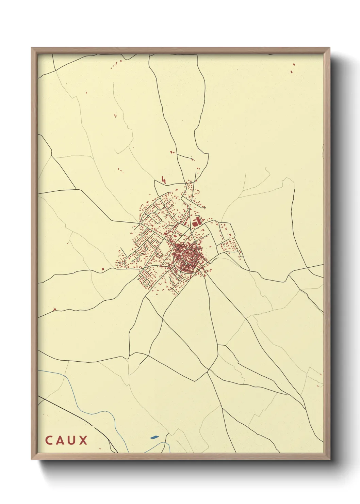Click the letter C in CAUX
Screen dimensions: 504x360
pos(49,440)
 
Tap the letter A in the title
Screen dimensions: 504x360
pos(60,440)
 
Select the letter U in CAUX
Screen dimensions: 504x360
pos(71,440)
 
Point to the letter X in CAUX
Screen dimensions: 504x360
pos(83,440)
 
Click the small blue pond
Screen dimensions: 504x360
pos(154,437)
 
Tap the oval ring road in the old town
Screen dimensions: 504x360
pos(188,254)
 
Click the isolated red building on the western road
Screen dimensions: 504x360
pos(102,269)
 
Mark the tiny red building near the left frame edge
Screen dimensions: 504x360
pos(54,310)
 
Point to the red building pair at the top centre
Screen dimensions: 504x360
pos(173,152)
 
